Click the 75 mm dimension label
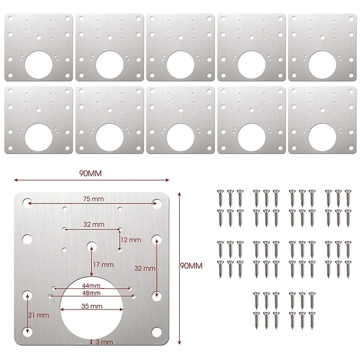pyautogui.click(x=93, y=199)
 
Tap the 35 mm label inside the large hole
pyautogui.click(x=92, y=306)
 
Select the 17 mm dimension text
pyautogui.click(x=103, y=264)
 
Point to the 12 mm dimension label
pyautogui.click(x=131, y=240)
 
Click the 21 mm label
pyautogui.click(x=38, y=315)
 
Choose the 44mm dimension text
pyautogui.click(x=91, y=286)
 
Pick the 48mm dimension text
pyautogui.click(x=91, y=293)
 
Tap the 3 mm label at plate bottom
pyautogui.click(x=104, y=342)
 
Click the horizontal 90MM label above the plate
pyautogui.click(x=90, y=173)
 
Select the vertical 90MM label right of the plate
pyautogui.click(x=191, y=266)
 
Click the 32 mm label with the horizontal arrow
pyautogui.click(x=94, y=224)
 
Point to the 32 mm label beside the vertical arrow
pyautogui.click(x=145, y=268)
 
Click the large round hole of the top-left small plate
pyautogui.click(x=38, y=65)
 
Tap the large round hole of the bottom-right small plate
pyautogui.click(x=323, y=138)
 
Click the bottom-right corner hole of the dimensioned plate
pyautogui.click(x=156, y=332)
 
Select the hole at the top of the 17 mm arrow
pyautogui.click(x=92, y=246)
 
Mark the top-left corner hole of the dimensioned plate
pyautogui.click(x=27, y=203)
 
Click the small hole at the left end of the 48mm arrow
pyautogui.click(x=50, y=296)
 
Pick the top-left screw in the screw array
pyautogui.click(x=220, y=198)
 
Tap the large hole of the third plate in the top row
pyautogui.click(x=180, y=65)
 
